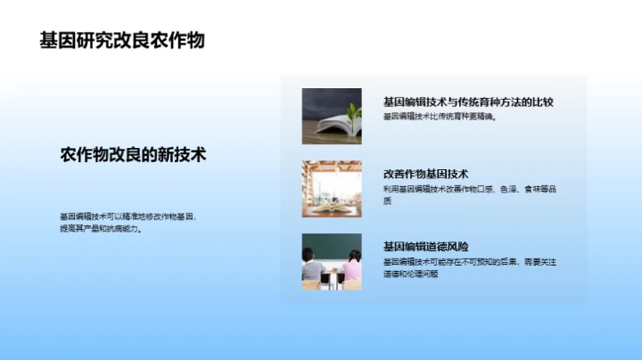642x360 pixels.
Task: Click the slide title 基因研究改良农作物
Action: point(122,41)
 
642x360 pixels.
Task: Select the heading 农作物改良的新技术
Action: point(133,154)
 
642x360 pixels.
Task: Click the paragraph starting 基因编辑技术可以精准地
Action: point(126,222)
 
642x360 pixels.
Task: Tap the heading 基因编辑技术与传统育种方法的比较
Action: point(467,102)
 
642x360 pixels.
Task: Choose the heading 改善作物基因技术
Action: point(425,174)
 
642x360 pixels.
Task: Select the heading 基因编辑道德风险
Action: point(425,246)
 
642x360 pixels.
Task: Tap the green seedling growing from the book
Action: point(354,114)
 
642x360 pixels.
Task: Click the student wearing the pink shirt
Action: point(352,266)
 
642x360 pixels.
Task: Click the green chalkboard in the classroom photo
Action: point(332,245)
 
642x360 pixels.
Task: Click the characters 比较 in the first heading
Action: point(542,102)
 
